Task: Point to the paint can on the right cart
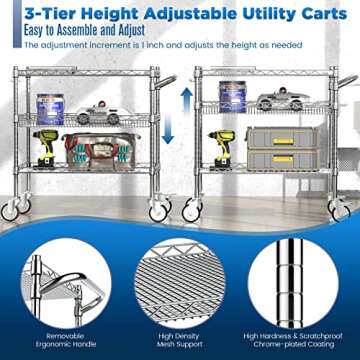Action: point(233,97)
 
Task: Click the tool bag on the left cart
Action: point(96,151)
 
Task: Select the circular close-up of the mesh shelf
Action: point(180,279)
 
